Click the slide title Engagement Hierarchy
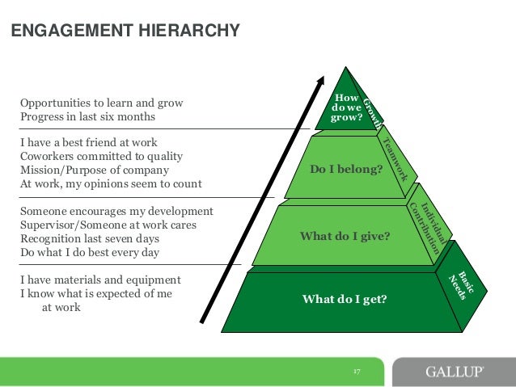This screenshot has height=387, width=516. [125, 32]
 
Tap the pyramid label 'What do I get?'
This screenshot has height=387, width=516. [345, 300]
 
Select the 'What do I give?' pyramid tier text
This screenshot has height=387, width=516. [345, 236]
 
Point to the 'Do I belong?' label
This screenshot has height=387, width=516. [346, 170]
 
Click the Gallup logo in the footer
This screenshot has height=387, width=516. [455, 372]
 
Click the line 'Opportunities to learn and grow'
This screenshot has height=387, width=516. [101, 103]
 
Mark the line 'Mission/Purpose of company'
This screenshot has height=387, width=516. [94, 170]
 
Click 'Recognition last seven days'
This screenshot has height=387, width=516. [89, 239]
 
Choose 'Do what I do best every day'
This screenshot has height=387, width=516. [89, 253]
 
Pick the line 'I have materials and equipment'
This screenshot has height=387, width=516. [99, 280]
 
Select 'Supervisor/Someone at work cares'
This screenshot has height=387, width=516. [108, 225]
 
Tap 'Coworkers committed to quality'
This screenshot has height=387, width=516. [101, 156]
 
